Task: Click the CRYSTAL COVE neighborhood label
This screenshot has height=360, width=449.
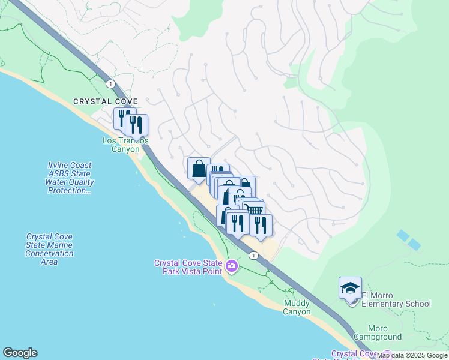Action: tap(106, 101)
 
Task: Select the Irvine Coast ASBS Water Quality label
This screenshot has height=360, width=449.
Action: tap(70, 178)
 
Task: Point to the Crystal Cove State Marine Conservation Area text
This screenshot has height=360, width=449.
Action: tap(49, 249)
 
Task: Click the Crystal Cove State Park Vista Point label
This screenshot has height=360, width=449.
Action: tap(188, 267)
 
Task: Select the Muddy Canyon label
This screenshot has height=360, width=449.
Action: tap(297, 308)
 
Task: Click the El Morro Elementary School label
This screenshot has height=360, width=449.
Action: tap(396, 304)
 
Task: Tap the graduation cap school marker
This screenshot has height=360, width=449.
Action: tap(350, 289)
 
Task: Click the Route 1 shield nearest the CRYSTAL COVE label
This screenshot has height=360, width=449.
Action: tap(110, 84)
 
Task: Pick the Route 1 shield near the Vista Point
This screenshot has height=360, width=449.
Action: tap(255, 255)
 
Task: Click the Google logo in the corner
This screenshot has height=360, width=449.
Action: tap(20, 353)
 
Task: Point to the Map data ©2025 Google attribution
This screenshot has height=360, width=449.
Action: tap(412, 356)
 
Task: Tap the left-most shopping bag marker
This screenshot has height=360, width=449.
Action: tap(199, 169)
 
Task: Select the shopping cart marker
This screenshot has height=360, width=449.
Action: tap(256, 210)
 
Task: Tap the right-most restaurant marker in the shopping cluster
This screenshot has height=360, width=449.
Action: tap(261, 224)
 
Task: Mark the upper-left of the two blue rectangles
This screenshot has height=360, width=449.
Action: tap(403, 235)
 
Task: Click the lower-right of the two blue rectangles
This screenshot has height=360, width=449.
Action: tap(414, 244)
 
